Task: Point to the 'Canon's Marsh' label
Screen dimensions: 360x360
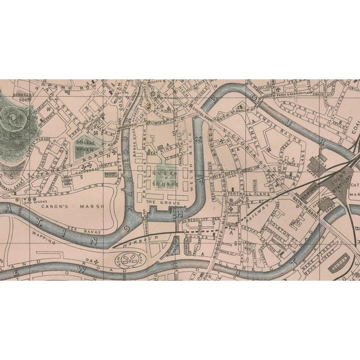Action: click(80, 205)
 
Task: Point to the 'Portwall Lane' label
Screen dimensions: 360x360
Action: click(243, 195)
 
